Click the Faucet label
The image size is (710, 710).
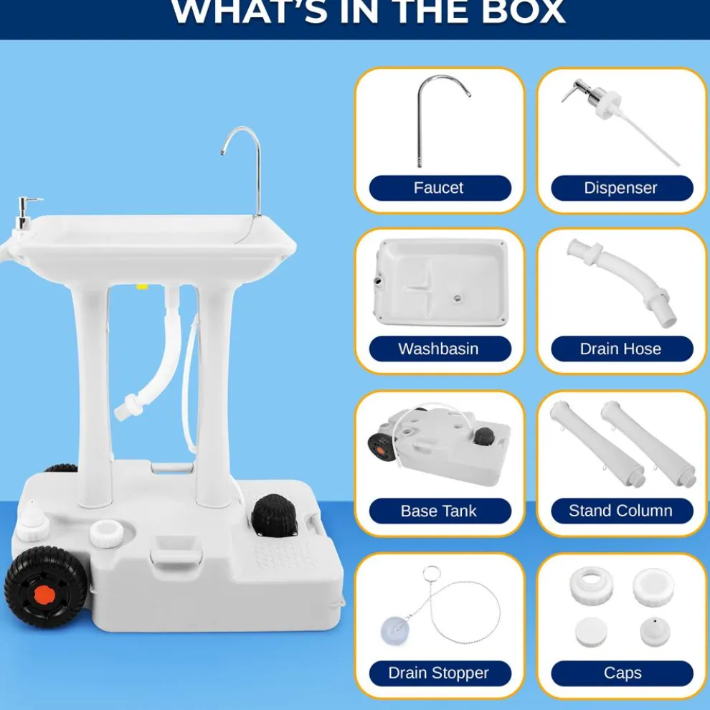440,189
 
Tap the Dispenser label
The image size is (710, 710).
621,189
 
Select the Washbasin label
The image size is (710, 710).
440,349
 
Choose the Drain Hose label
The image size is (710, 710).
621,349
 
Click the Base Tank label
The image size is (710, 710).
440,511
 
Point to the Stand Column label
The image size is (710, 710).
621,511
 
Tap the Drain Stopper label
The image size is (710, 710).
440,673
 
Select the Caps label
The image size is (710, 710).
621,673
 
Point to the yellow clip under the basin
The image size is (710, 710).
142,286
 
